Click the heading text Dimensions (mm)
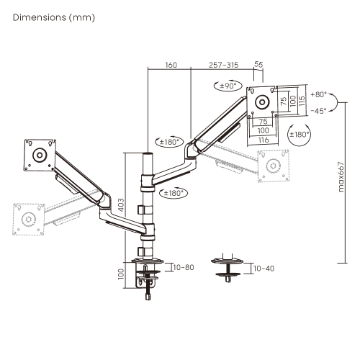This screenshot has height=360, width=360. [x=54, y=17]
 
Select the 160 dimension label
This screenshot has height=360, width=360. [x=171, y=65]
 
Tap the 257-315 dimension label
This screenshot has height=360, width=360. [x=224, y=65]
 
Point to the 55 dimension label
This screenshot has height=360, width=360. [x=258, y=64]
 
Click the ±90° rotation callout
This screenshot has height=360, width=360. [x=228, y=86]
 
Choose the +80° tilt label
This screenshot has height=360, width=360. [x=319, y=94]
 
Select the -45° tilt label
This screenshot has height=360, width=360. [x=319, y=111]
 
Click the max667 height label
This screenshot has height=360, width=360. [x=341, y=177]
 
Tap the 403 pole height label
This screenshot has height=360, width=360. [x=122, y=204]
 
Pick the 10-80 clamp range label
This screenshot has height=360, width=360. [x=184, y=267]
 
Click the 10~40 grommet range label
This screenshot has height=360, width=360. [x=264, y=269]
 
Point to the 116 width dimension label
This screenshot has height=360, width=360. [x=264, y=140]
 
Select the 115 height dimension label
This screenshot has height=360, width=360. [x=302, y=101]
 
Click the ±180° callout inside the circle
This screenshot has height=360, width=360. [x=299, y=135]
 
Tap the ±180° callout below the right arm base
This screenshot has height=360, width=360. [x=173, y=193]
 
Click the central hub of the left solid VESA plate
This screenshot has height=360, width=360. [x=40, y=155]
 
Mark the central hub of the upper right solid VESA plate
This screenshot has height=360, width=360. [x=262, y=102]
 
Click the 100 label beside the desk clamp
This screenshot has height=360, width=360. [x=121, y=274]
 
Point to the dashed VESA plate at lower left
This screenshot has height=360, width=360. [x=29, y=219]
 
